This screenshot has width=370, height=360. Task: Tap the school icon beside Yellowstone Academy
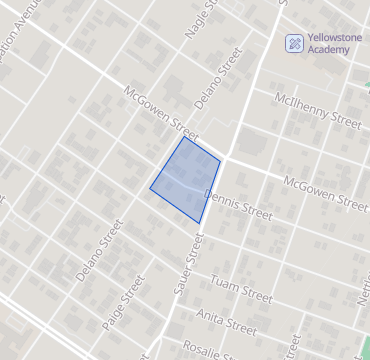(x=294, y=43)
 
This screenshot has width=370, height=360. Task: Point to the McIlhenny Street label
(x=317, y=110)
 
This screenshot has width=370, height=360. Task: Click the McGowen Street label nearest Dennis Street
(x=324, y=193)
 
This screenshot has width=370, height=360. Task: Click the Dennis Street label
(x=238, y=203)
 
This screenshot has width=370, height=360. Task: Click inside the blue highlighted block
(x=187, y=180)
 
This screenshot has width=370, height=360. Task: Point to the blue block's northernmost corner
(x=184, y=137)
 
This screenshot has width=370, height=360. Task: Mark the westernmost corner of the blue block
(x=150, y=187)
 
